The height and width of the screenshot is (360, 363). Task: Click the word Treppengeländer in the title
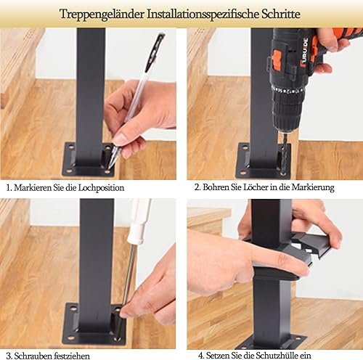click(102, 14)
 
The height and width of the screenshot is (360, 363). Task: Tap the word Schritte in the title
click(281, 14)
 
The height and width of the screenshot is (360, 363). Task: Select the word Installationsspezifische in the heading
click(203, 15)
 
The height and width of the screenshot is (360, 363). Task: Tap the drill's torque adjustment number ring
click(288, 91)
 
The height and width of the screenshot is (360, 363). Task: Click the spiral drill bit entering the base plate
click(285, 158)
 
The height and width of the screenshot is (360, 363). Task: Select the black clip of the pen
click(155, 52)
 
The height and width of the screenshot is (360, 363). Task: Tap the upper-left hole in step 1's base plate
click(70, 147)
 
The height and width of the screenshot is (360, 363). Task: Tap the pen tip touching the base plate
click(110, 168)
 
